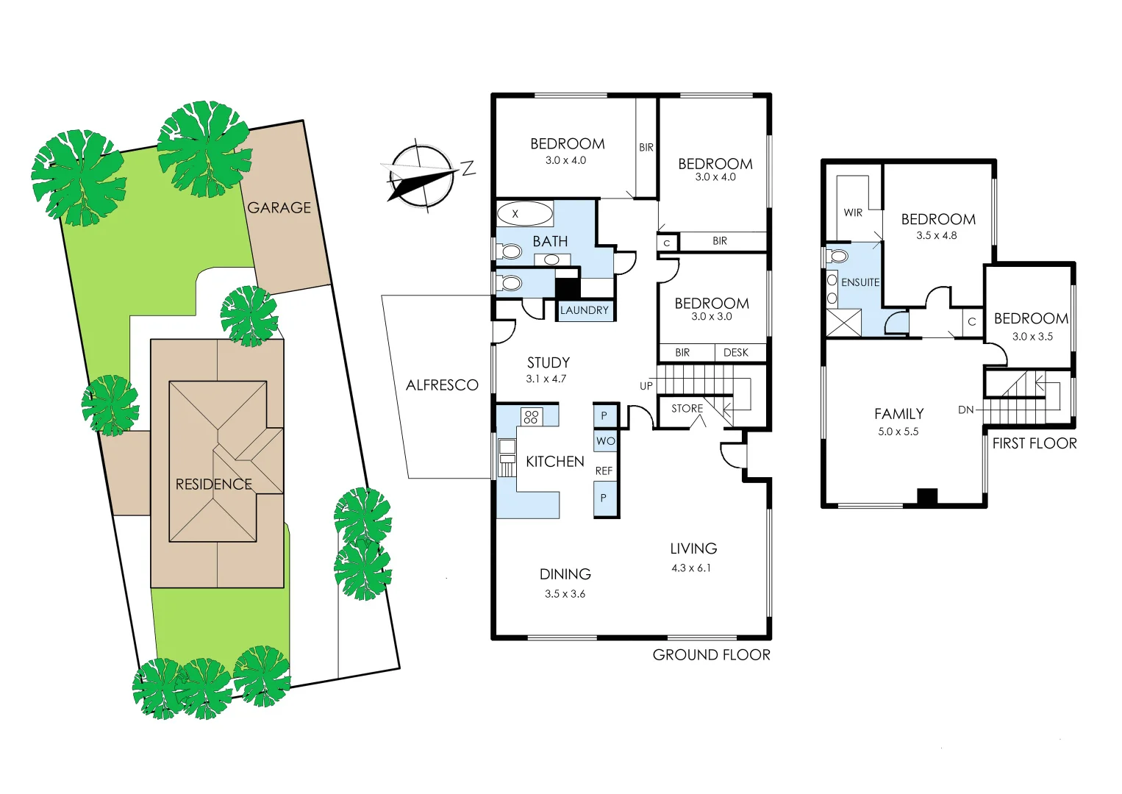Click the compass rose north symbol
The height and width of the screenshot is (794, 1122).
pyautogui.click(x=421, y=176)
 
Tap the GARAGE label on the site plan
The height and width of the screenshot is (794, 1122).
pyautogui.click(x=279, y=208)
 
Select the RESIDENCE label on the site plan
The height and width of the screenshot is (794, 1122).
pyautogui.click(x=213, y=484)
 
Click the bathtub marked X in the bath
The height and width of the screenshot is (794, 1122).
pyautogui.click(x=525, y=214)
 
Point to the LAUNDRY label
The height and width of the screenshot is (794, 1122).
pyautogui.click(x=585, y=310)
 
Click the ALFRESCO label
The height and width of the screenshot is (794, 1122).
pyautogui.click(x=442, y=385)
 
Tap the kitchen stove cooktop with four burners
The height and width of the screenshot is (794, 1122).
pyautogui.click(x=531, y=417)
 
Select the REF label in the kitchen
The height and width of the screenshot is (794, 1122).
pyautogui.click(x=604, y=471)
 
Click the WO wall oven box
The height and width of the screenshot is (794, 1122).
pyautogui.click(x=605, y=441)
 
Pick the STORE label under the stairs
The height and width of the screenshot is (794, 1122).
pyautogui.click(x=687, y=409)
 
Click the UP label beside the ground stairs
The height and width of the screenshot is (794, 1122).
pyautogui.click(x=646, y=386)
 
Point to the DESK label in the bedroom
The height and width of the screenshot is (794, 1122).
pyautogui.click(x=735, y=353)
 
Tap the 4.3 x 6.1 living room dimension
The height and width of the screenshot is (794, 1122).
pyautogui.click(x=691, y=568)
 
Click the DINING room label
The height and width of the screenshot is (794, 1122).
pyautogui.click(x=565, y=574)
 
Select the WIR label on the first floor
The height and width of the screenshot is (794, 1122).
pyautogui.click(x=853, y=213)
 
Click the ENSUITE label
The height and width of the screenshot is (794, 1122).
pyautogui.click(x=860, y=282)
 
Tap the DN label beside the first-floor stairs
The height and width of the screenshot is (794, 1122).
pyautogui.click(x=965, y=410)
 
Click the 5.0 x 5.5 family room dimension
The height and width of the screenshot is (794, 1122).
pyautogui.click(x=898, y=432)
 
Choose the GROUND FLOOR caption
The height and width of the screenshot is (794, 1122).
pyautogui.click(x=711, y=655)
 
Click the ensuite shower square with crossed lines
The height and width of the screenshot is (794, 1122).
pyautogui.click(x=843, y=323)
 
